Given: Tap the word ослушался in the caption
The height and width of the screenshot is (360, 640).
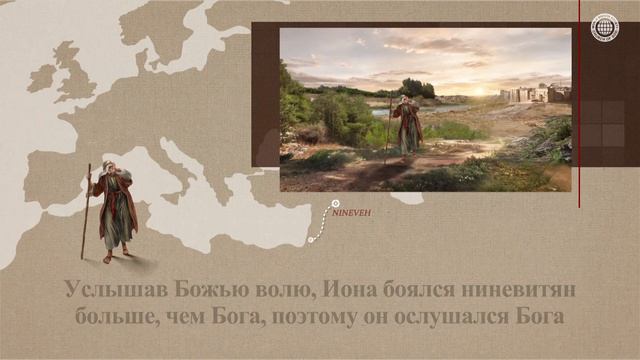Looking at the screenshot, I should coord(444,318).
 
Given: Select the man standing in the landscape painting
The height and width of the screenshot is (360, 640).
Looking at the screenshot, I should coord(406,125).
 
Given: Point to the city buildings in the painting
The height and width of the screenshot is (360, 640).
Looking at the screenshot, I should coord(535,95).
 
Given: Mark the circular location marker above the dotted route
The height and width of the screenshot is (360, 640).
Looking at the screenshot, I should coord(335,203).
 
